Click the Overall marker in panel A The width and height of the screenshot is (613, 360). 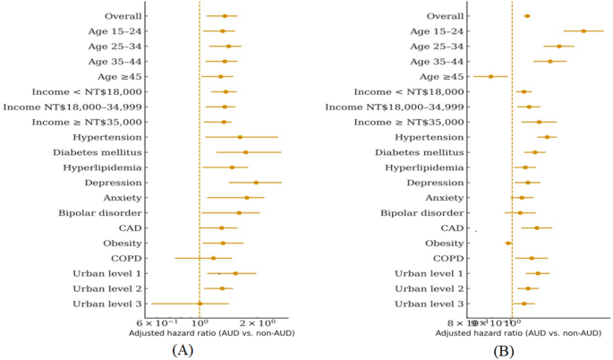tap(225, 16)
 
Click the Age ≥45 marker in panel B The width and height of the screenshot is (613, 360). tap(490, 76)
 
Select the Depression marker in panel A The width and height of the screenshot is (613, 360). tap(256, 183)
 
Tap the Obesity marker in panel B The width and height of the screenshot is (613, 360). tap(508, 243)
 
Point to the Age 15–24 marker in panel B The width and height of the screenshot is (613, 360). tap(583, 31)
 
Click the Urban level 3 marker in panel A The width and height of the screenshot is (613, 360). tap(200, 304)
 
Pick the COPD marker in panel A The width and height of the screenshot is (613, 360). tap(213, 258)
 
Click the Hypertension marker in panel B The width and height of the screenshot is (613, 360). tap(547, 137)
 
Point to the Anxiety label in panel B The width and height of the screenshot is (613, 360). tap(445, 198)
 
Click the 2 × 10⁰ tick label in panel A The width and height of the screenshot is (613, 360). tap(260, 321)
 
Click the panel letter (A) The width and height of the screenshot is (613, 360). tap(182, 350)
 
